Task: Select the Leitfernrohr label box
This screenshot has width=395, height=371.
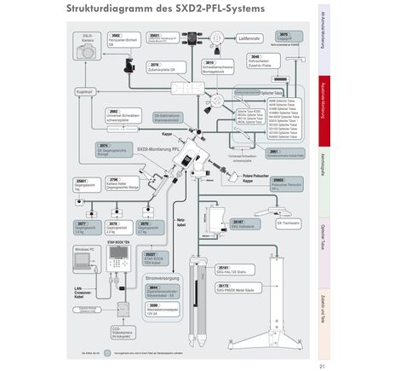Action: pyautogui.click(x=249, y=39)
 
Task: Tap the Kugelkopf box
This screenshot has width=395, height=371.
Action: pyautogui.click(x=84, y=90)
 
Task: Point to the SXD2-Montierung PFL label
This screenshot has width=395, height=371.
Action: pyautogui.click(x=157, y=148)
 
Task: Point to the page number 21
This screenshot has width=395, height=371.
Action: pyautogui.click(x=322, y=366)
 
